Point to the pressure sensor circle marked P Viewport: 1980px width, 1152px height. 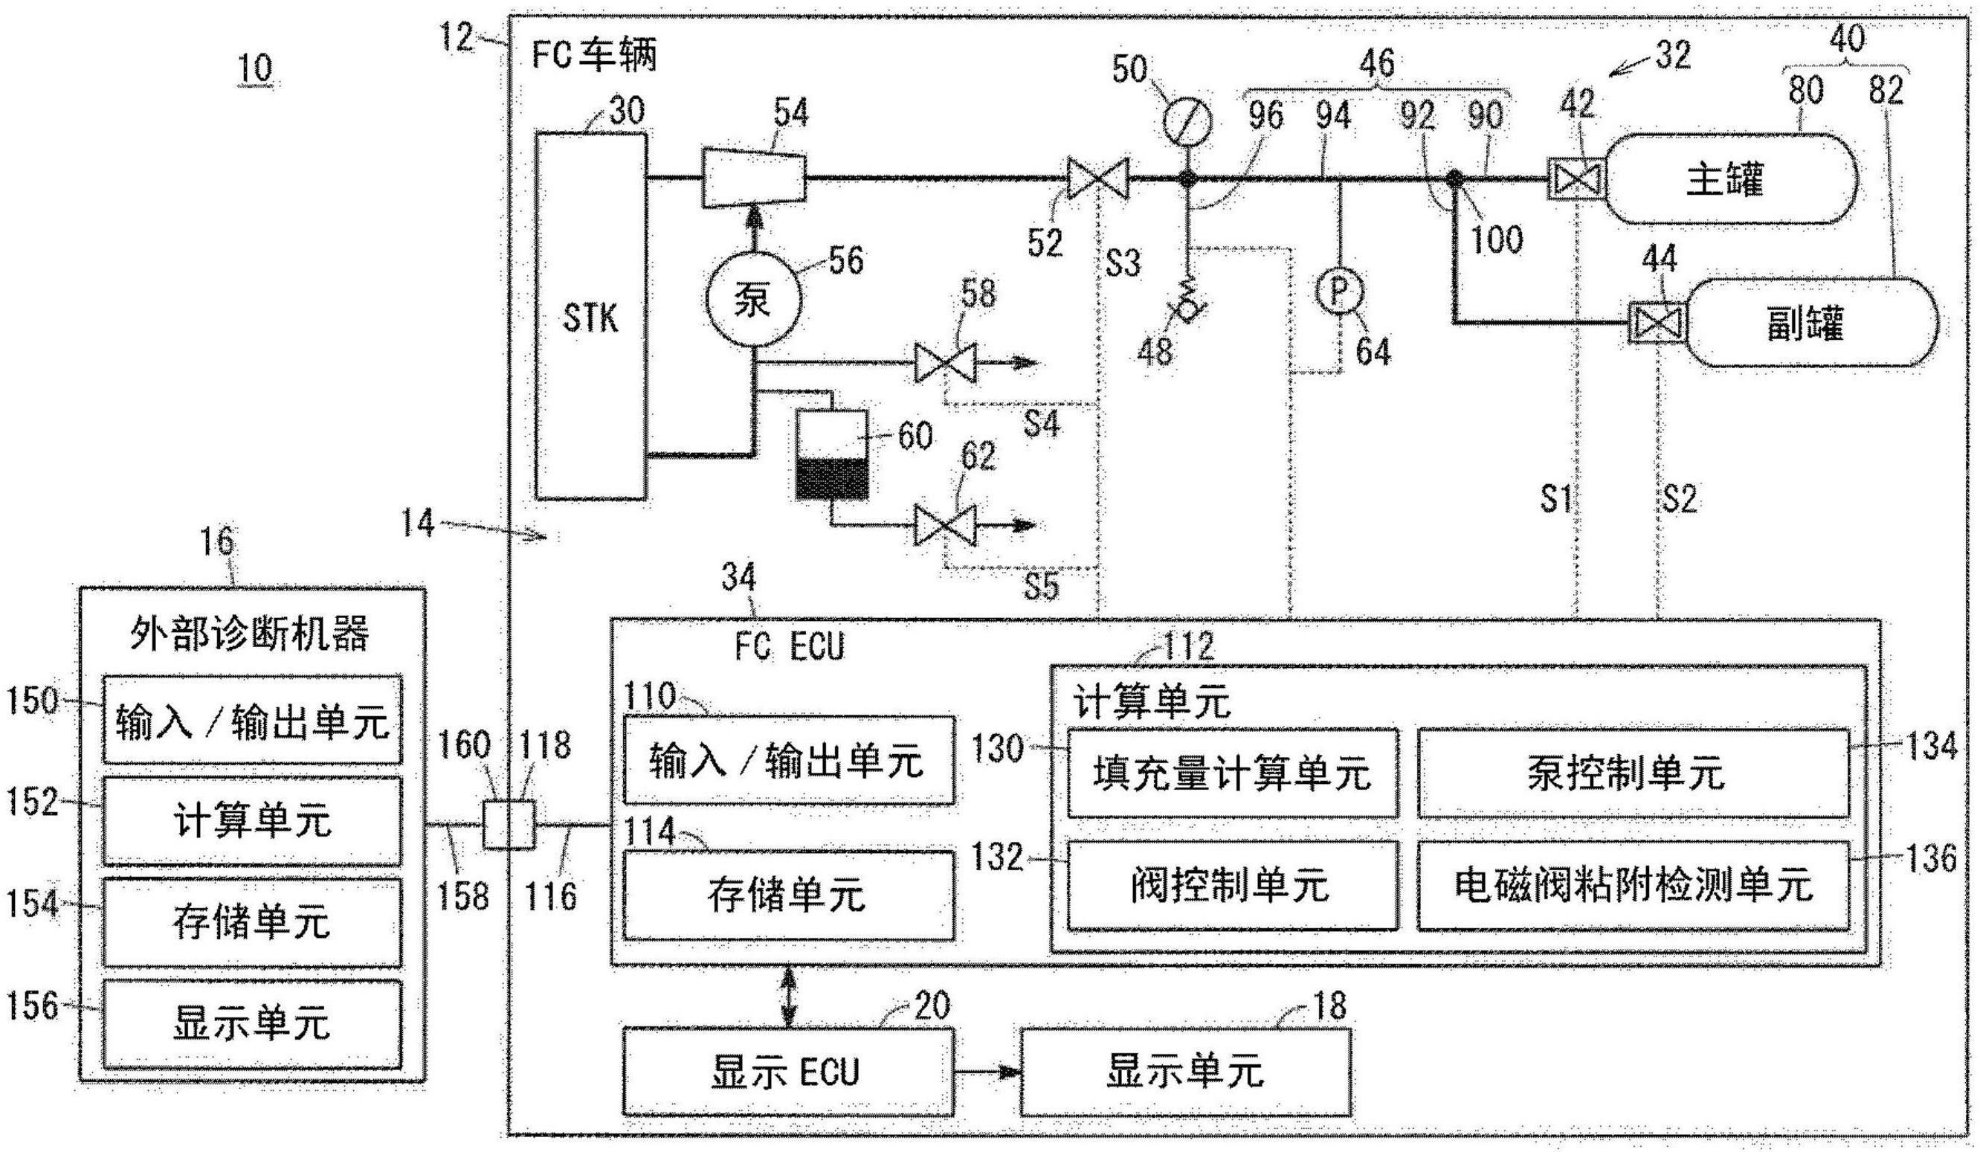click(x=1339, y=292)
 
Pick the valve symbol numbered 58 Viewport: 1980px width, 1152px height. click(x=945, y=363)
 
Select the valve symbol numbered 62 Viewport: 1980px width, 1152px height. click(x=945, y=525)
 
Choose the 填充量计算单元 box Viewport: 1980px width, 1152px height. click(x=1232, y=773)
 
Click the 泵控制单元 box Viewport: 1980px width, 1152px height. click(x=1633, y=773)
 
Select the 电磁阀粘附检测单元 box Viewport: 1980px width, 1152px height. click(x=1633, y=885)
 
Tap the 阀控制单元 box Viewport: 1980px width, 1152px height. click(x=1232, y=885)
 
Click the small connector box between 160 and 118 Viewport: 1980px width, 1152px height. click(x=509, y=824)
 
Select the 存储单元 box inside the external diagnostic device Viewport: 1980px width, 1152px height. click(x=251, y=922)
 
